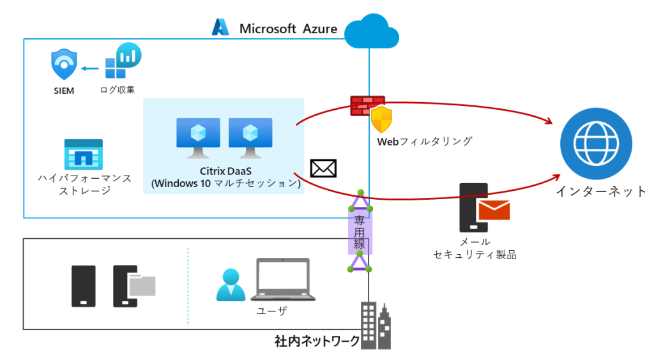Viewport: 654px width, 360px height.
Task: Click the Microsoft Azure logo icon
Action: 220,27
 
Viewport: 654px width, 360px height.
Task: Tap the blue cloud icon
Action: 370,31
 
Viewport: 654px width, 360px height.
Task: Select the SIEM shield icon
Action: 64,64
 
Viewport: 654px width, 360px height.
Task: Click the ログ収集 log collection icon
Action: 123,61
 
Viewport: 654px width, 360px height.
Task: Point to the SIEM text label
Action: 64,91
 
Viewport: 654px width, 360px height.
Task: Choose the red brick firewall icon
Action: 367,105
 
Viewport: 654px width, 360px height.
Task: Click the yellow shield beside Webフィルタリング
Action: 382,119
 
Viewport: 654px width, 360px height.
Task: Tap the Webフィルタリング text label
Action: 424,141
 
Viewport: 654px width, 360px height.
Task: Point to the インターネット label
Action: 600,191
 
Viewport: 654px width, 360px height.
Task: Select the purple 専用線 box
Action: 360,232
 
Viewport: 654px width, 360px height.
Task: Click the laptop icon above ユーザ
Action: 282,280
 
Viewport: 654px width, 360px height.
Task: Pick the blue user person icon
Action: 231,285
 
